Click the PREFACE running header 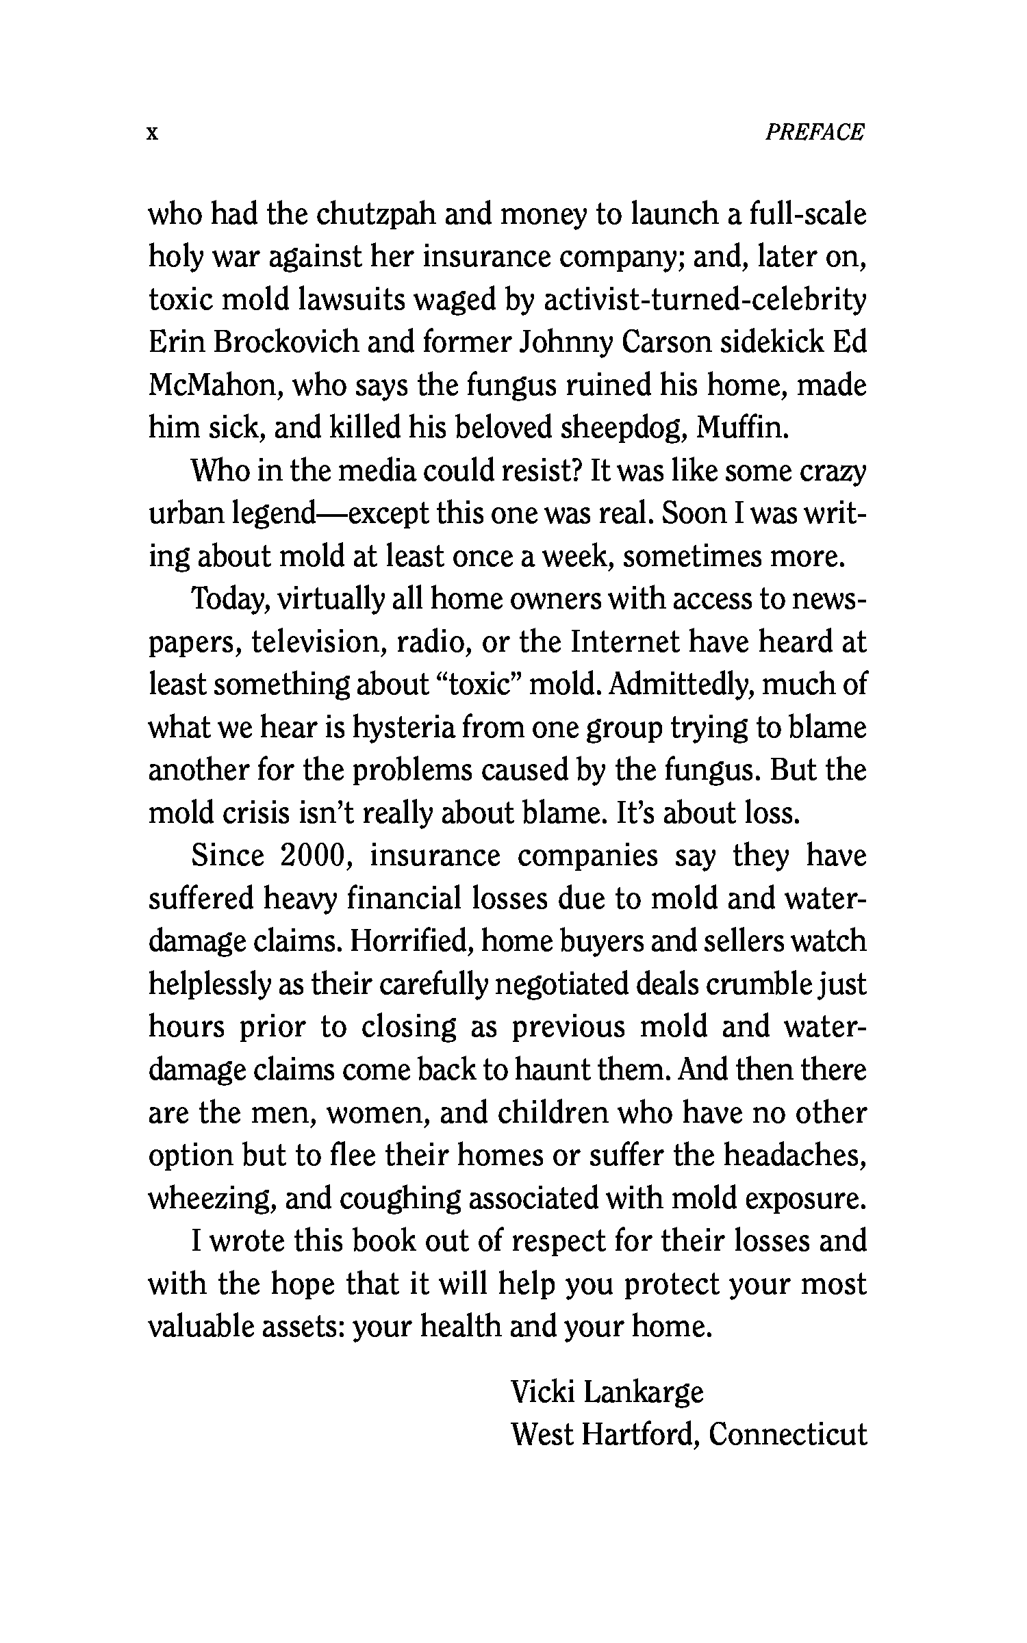coord(814,131)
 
